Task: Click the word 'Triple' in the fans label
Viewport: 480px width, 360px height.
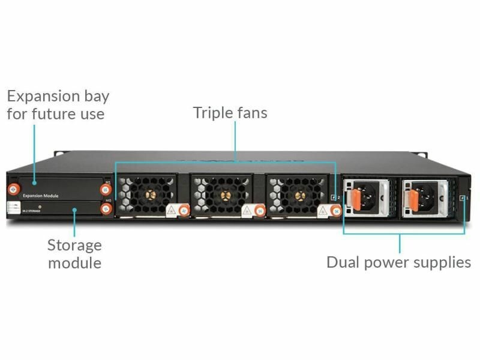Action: [213, 112]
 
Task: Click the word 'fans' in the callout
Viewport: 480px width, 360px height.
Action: [252, 112]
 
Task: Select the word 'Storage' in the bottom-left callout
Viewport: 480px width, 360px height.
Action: [74, 245]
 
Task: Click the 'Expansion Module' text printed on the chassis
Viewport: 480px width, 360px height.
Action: [40, 196]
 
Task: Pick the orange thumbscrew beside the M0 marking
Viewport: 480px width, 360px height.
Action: [106, 208]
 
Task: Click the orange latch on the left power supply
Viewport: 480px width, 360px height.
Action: [355, 198]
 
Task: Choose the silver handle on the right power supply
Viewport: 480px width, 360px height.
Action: [442, 198]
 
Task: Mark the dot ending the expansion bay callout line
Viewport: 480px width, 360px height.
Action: [35, 181]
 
